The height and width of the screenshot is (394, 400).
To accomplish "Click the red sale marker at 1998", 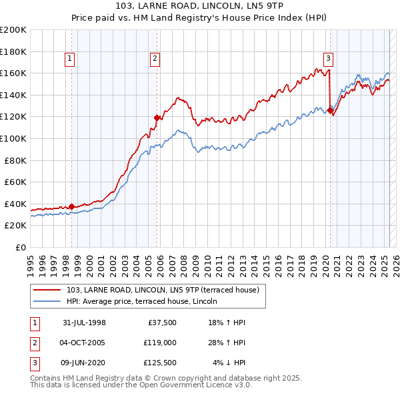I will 71,206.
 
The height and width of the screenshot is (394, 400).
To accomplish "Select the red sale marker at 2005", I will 157,118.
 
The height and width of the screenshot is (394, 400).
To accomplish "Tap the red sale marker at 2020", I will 329,111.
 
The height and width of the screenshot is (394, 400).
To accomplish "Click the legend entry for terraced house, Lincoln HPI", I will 147,301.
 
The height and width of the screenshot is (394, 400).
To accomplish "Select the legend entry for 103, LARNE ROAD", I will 167,289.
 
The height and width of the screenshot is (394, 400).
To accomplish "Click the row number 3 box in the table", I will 34,363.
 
